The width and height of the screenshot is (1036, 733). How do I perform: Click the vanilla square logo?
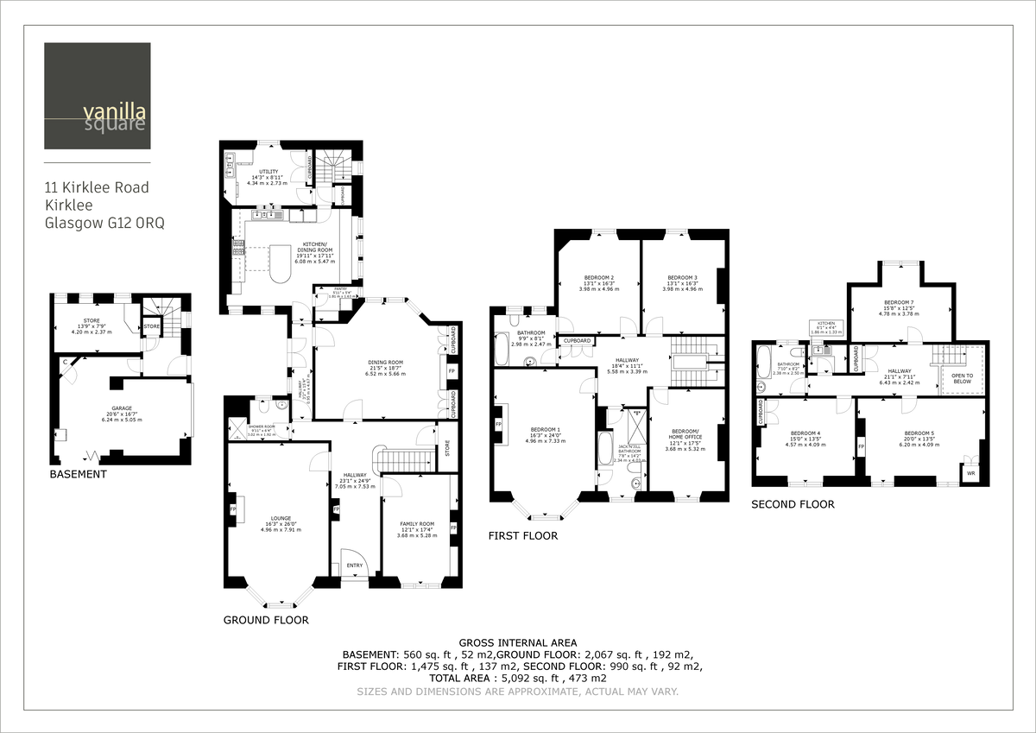pos(97,96)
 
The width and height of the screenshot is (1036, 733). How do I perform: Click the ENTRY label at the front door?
pos(355,566)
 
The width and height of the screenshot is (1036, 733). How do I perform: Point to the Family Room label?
pos(417,524)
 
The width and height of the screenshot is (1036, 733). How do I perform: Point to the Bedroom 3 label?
pos(682,277)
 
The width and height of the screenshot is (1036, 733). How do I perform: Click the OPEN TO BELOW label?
pos(962,378)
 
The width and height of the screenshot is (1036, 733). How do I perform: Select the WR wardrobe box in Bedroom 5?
pos(971,472)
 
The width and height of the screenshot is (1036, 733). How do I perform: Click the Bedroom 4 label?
pos(806,433)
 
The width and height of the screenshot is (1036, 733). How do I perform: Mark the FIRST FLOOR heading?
pos(523,535)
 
